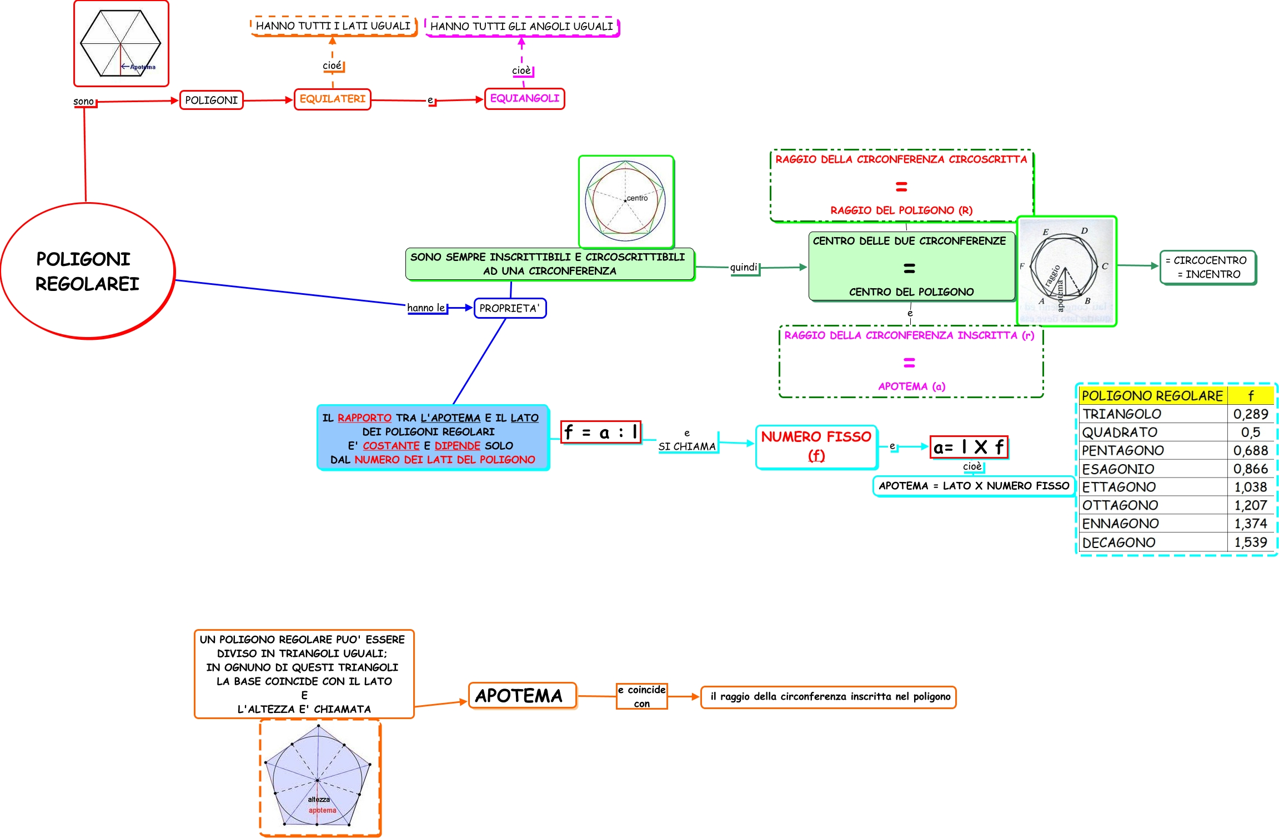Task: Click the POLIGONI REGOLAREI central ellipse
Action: tap(88, 271)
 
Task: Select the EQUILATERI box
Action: tap(333, 99)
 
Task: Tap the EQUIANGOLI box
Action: tap(524, 99)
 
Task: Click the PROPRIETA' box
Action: tap(510, 308)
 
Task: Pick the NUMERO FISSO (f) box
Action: tap(816, 447)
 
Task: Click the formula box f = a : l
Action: tap(601, 432)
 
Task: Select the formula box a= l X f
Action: tap(969, 447)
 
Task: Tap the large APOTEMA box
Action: tap(522, 696)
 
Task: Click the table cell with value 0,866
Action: tap(1250, 469)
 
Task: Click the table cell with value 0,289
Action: tap(1250, 414)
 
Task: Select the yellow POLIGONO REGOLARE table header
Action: tap(1153, 395)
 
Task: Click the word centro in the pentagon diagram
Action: tap(637, 198)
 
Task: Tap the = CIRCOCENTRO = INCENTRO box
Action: tap(1208, 267)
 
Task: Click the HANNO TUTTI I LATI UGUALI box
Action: tap(333, 26)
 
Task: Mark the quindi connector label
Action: tap(744, 267)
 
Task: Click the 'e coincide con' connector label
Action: tap(641, 696)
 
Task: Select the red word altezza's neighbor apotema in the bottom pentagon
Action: tap(323, 810)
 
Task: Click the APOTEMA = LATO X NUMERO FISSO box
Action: tap(974, 486)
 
